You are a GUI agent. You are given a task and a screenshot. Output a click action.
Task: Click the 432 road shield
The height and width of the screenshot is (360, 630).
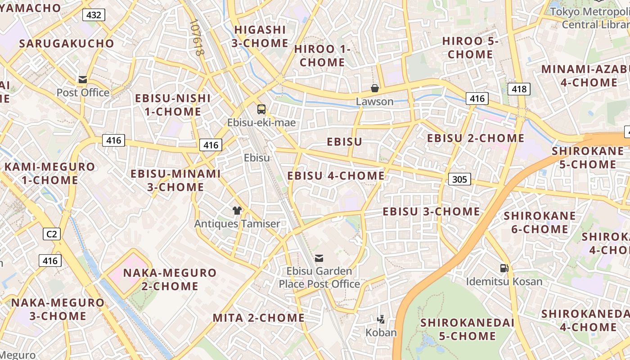pyautogui.click(x=94, y=15)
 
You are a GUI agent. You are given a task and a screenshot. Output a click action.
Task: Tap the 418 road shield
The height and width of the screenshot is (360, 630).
pyautogui.click(x=519, y=89)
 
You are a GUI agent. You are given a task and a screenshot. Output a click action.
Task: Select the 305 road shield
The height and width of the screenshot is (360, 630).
pyautogui.click(x=459, y=180)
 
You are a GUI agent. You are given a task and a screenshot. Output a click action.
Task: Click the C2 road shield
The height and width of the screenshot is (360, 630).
pyautogui.click(x=52, y=234)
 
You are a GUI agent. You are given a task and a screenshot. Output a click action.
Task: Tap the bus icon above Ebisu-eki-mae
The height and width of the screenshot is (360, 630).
pyautogui.click(x=261, y=109)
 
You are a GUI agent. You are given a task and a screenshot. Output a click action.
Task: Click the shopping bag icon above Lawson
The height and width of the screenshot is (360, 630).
pyautogui.click(x=374, y=88)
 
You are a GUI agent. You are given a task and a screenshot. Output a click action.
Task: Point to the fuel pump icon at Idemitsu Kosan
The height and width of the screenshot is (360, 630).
pyautogui.click(x=504, y=268)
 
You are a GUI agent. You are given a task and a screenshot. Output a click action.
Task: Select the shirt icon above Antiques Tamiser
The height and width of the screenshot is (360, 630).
pyautogui.click(x=237, y=210)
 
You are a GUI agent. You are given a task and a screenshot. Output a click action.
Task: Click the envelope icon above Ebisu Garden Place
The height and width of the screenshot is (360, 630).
pyautogui.click(x=319, y=258)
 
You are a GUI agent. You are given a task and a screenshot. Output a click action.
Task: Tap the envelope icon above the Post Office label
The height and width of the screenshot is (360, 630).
pyautogui.click(x=83, y=80)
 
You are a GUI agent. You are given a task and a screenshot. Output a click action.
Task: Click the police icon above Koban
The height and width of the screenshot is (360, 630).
pyautogui.click(x=381, y=319)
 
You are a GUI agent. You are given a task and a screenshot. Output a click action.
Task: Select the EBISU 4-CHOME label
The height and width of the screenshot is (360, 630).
pyautogui.click(x=336, y=175)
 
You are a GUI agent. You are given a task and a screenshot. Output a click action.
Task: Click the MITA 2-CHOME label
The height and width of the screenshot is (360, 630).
pyautogui.click(x=258, y=318)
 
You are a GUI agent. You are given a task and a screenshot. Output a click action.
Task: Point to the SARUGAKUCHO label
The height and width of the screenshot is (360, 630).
pyautogui.click(x=67, y=44)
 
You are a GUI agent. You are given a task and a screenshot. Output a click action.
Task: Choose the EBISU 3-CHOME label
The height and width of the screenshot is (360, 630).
pyautogui.click(x=431, y=211)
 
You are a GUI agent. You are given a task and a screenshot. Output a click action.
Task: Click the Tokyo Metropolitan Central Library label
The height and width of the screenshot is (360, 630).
pyautogui.click(x=589, y=18)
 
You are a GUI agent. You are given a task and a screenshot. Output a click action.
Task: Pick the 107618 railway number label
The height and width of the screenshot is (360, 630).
pyautogui.click(x=197, y=37)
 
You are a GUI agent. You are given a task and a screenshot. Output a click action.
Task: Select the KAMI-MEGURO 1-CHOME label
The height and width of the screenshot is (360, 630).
pyautogui.click(x=49, y=173)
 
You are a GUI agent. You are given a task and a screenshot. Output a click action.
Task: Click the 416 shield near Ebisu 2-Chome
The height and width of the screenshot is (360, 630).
pyautogui.click(x=477, y=99)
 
